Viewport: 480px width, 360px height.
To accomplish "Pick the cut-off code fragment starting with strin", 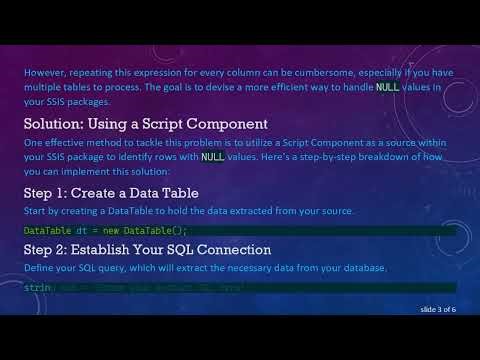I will point(38,288).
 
